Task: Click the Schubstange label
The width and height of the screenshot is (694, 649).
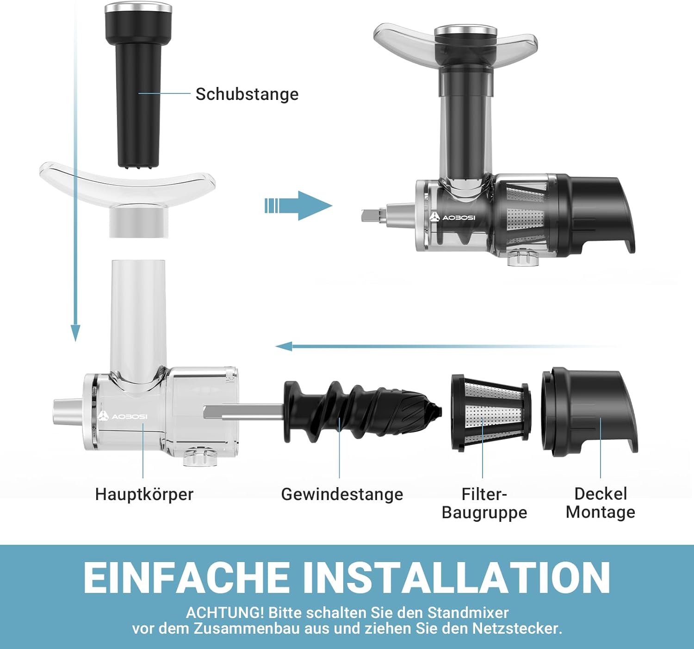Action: coord(247,94)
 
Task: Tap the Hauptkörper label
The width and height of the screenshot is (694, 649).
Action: coord(144,495)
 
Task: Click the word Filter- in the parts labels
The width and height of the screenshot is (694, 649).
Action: coord(484,494)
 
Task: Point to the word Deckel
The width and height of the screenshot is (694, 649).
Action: coord(601,494)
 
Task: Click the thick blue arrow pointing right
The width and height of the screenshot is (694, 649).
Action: coord(298,205)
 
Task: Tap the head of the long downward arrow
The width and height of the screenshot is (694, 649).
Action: coord(75,333)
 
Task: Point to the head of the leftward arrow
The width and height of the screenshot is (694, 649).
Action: coord(284,346)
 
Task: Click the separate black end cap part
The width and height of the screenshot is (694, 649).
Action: coord(589,411)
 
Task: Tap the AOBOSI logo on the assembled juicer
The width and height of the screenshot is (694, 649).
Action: coord(452,217)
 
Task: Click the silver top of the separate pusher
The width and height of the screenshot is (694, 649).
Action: coord(138,7)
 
